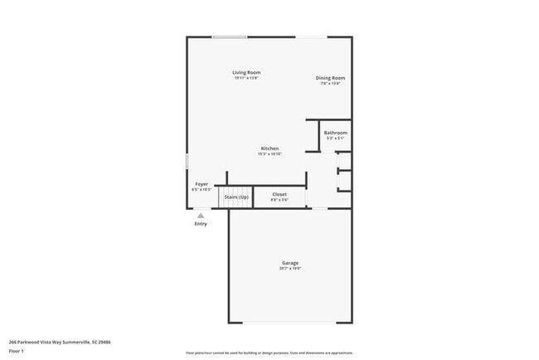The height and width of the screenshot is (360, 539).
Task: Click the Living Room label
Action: (x=246, y=73)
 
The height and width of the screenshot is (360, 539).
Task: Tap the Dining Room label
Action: (x=330, y=78)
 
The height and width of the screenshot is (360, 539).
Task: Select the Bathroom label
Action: (x=335, y=133)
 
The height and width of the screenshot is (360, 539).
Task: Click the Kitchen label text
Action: (x=269, y=148)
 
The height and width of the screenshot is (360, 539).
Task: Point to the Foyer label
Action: (x=201, y=183)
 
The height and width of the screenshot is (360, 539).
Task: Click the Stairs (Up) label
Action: (x=236, y=197)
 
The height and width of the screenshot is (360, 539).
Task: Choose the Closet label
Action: (x=279, y=194)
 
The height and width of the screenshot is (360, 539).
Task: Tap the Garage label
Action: (x=289, y=263)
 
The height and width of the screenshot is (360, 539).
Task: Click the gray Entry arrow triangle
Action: (x=200, y=215)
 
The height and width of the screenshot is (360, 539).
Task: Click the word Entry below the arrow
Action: (x=201, y=223)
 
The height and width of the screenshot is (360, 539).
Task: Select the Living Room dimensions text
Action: (x=246, y=79)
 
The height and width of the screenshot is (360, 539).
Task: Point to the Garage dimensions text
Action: (x=289, y=269)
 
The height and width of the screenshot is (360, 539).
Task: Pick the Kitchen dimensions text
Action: (x=269, y=154)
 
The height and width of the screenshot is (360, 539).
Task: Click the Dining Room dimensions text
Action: (x=330, y=84)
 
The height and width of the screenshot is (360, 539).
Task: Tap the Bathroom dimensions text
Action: (x=335, y=139)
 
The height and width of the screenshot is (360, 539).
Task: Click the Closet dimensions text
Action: (x=279, y=200)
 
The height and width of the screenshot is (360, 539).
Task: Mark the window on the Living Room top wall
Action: (x=229, y=36)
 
